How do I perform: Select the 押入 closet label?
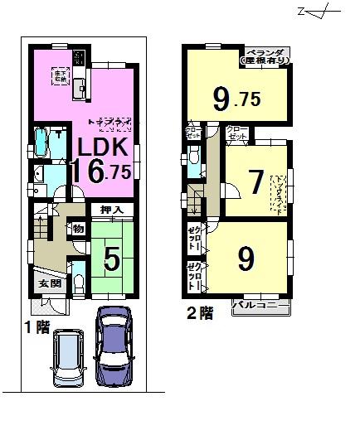112,210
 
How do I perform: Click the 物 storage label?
77,228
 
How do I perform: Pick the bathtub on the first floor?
41,143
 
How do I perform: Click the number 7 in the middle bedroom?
254,181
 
